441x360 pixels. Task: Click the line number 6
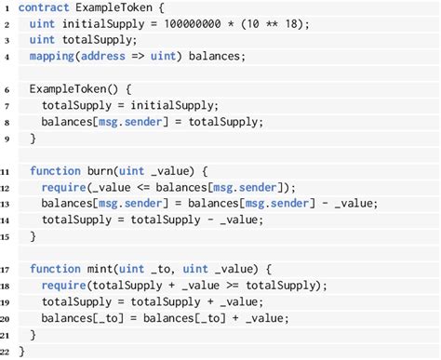click(x=7, y=89)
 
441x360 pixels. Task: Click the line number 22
click(x=7, y=351)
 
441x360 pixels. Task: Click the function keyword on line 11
click(x=55, y=171)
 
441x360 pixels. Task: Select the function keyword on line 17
click(x=55, y=269)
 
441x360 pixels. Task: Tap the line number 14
click(x=7, y=220)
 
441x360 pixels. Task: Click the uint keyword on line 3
click(x=43, y=41)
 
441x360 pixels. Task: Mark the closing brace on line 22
click(x=22, y=351)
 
